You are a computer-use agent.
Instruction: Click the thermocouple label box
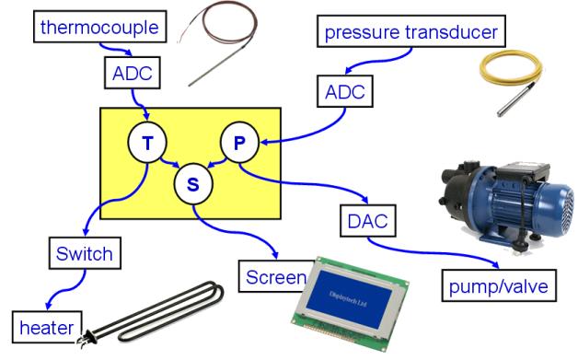[100, 27]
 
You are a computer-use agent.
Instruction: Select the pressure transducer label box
[411, 31]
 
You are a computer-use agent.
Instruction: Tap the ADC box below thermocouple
[133, 73]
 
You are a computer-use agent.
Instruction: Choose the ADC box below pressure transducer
[345, 91]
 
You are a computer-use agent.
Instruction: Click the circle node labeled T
[147, 143]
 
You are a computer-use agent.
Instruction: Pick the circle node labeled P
[239, 143]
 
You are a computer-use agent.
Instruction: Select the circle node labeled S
[193, 184]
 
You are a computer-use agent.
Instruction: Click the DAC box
[367, 221]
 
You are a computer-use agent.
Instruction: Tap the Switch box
[85, 253]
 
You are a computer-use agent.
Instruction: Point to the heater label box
[47, 327]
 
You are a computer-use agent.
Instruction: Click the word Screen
[276, 277]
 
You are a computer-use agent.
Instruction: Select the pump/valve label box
[499, 285]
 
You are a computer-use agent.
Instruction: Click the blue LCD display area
[349, 298]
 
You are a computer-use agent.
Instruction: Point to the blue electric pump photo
[507, 204]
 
